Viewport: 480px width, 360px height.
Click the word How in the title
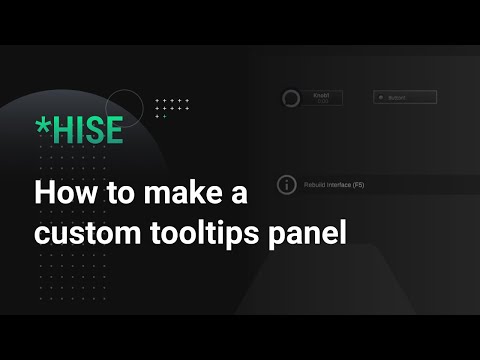(x=61, y=192)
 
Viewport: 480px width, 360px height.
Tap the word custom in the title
(x=81, y=236)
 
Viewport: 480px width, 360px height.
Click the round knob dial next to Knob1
(x=291, y=98)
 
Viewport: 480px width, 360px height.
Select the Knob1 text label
(x=321, y=95)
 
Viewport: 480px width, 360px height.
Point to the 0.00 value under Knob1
(x=321, y=101)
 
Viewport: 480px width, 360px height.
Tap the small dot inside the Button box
(x=379, y=98)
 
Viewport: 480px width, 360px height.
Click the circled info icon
(x=287, y=185)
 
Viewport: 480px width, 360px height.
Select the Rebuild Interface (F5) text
(x=334, y=186)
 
